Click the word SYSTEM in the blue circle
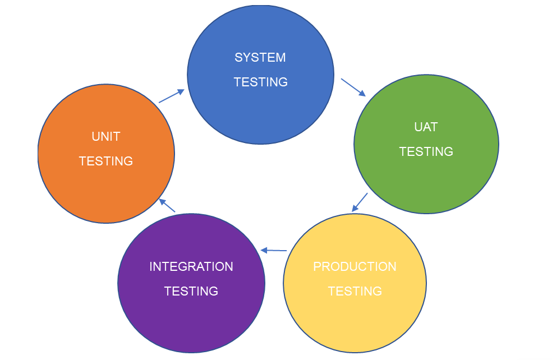click(x=260, y=58)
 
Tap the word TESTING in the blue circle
click(x=260, y=82)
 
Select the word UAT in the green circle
click(x=426, y=127)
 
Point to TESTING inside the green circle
click(x=426, y=152)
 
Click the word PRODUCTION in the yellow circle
click(x=355, y=267)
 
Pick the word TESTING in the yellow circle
click(x=355, y=292)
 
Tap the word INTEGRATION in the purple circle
click(x=191, y=267)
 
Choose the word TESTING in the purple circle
click(x=191, y=292)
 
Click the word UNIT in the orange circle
click(x=105, y=137)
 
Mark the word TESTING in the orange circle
click(x=105, y=161)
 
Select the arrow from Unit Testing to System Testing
click(x=172, y=95)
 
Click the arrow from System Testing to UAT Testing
click(x=353, y=87)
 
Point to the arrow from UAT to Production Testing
click(x=360, y=202)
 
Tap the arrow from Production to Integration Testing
click(x=274, y=250)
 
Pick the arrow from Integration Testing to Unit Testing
click(x=167, y=205)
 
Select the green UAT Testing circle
click(x=426, y=179)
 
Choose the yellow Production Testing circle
click(x=355, y=320)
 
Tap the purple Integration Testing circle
click(x=191, y=320)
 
